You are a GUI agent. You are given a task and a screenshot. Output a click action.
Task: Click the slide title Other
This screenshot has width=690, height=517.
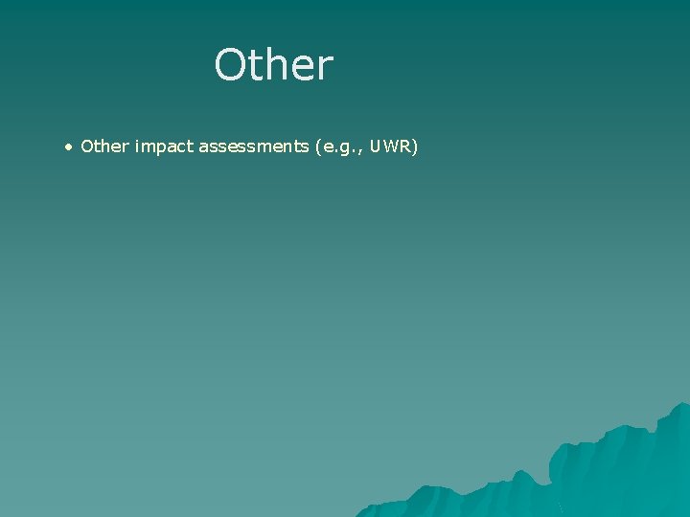click(274, 65)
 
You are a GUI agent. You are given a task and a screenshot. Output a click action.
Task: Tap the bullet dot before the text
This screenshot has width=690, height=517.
click(68, 147)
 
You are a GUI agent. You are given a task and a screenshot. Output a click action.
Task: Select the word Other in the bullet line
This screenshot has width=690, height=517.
click(105, 146)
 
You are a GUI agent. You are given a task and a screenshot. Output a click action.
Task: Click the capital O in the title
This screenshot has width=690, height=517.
click(231, 65)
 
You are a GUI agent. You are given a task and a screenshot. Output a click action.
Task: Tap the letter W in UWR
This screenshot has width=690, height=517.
click(389, 146)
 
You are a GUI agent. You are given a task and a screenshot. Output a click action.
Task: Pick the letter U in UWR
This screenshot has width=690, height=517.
click(375, 146)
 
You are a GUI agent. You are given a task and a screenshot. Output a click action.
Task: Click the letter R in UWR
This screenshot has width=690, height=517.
click(404, 146)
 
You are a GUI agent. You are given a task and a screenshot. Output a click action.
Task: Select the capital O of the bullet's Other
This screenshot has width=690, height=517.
click(87, 146)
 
